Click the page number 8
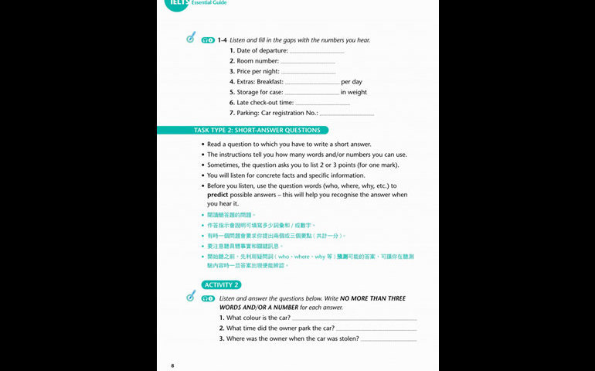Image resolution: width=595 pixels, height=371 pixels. [173, 364]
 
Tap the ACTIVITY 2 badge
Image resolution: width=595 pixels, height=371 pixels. [221, 284]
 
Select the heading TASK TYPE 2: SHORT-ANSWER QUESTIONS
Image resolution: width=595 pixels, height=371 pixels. [246, 131]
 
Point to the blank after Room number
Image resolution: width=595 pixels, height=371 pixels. [308, 62]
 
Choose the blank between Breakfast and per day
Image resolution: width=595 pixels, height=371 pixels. [312, 82]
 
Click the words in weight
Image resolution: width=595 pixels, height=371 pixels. [354, 92]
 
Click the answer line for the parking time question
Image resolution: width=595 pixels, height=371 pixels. [376, 329]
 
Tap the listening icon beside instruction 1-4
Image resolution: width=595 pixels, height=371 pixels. [191, 38]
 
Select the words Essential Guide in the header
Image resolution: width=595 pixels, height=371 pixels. [209, 3]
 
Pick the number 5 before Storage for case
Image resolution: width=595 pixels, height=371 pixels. [232, 92]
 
